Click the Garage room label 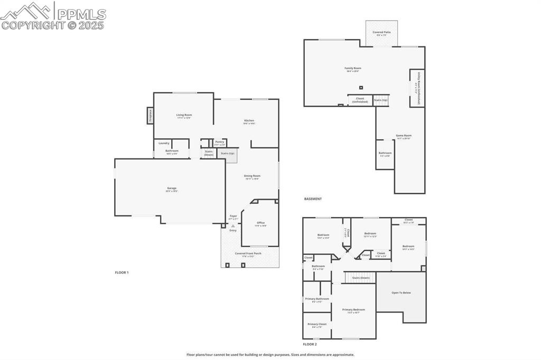click(172, 188)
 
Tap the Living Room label click(184, 115)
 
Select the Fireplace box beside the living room click(150, 116)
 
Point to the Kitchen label click(249, 121)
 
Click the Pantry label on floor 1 click(219, 142)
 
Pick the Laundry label click(164, 143)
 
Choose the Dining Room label click(252, 176)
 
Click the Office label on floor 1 click(261, 223)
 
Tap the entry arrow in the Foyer click(232, 225)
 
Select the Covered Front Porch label click(248, 254)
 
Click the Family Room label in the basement click(353, 69)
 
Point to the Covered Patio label click(381, 33)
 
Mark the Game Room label click(404, 136)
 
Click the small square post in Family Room click(361, 88)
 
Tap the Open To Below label click(401, 293)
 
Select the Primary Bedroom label click(353, 310)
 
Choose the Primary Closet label click(317, 325)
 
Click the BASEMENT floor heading click(313, 199)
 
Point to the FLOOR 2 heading click(310, 344)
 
